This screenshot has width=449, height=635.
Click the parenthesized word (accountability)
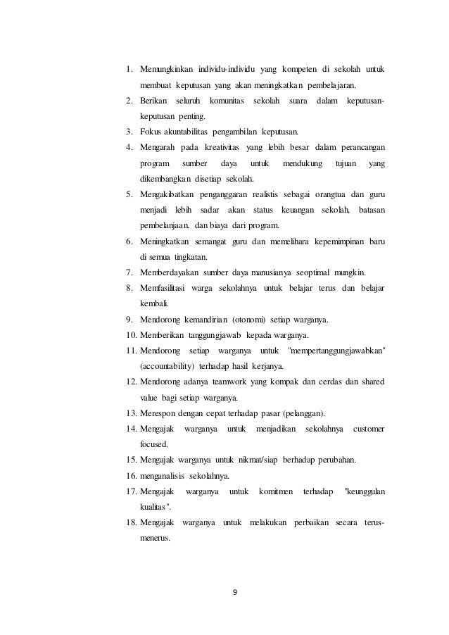[x=168, y=366]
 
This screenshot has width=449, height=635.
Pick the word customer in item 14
[x=369, y=429]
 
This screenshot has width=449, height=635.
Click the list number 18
[x=132, y=522]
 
